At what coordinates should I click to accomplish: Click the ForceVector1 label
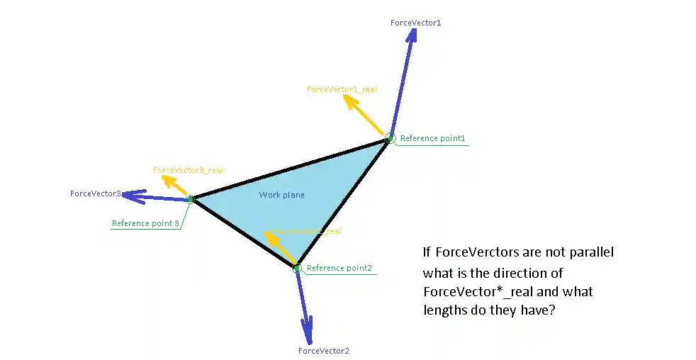pyautogui.click(x=415, y=23)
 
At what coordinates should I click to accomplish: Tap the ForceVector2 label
pyautogui.click(x=323, y=351)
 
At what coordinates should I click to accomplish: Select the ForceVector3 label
pyautogui.click(x=95, y=193)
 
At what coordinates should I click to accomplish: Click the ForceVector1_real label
pyautogui.click(x=342, y=89)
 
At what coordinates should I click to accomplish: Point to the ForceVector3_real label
pyautogui.click(x=188, y=170)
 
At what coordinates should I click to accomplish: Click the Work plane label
pyautogui.click(x=281, y=195)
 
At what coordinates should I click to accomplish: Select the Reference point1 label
pyautogui.click(x=432, y=138)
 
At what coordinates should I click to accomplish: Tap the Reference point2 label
pyautogui.click(x=339, y=268)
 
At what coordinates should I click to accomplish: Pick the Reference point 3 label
pyautogui.click(x=145, y=223)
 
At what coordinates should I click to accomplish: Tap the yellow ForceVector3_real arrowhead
pyautogui.click(x=168, y=180)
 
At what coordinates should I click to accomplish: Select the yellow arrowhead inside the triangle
pyautogui.click(x=269, y=236)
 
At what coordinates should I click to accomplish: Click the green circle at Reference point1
pyautogui.click(x=390, y=137)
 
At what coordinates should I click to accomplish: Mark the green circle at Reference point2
pyautogui.click(x=297, y=268)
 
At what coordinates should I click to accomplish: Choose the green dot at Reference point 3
pyautogui.click(x=190, y=199)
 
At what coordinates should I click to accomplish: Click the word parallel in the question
pyautogui.click(x=592, y=252)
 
